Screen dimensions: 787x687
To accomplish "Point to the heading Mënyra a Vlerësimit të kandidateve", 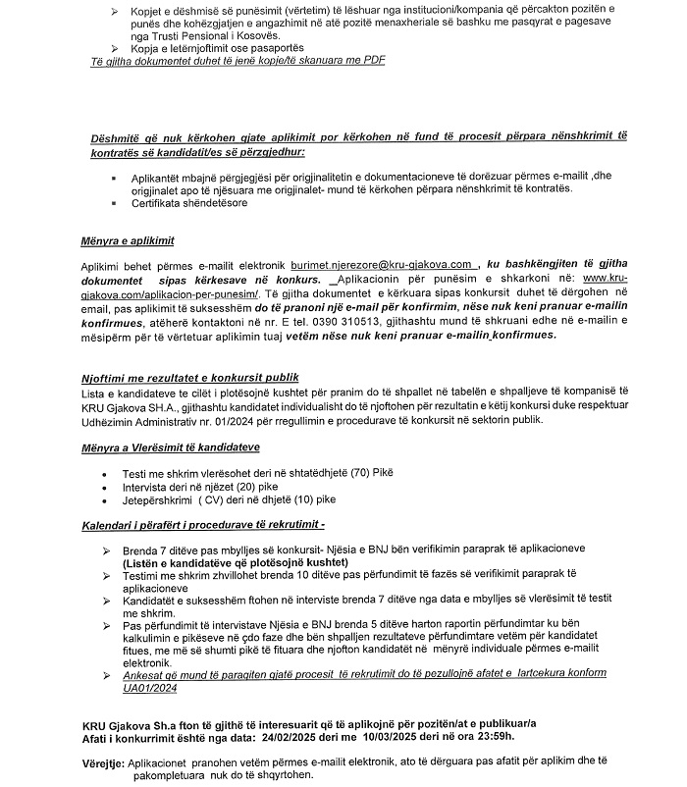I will pos(169,448).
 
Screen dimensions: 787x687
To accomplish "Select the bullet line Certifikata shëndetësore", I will pos(186,203).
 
